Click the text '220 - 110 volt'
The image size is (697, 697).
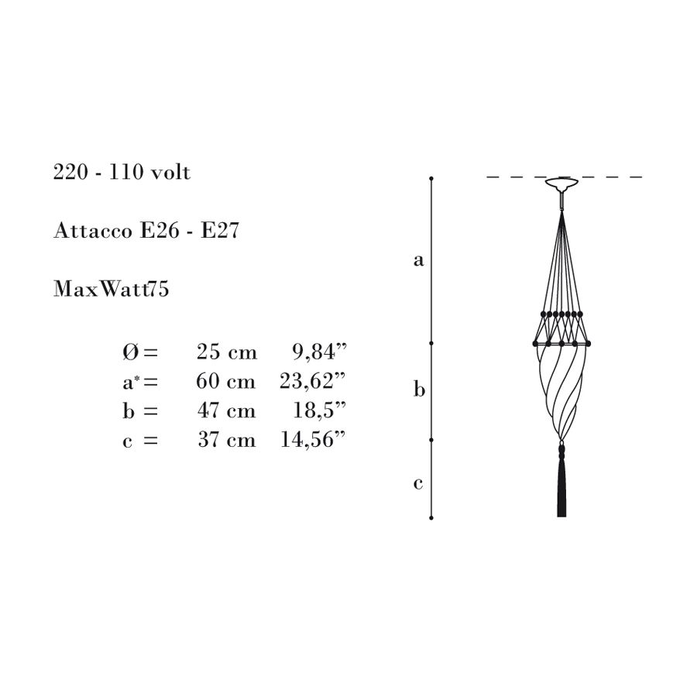pyautogui.click(x=122, y=173)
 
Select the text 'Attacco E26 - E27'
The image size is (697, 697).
pyautogui.click(x=146, y=231)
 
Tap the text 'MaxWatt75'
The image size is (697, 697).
pyautogui.click(x=111, y=289)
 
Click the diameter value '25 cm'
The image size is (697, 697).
pyautogui.click(x=227, y=352)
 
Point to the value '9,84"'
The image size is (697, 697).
pyautogui.click(x=319, y=352)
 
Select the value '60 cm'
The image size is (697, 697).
pyautogui.click(x=226, y=381)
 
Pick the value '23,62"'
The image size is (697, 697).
pyautogui.click(x=312, y=381)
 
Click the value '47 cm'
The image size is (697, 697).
pyautogui.click(x=226, y=410)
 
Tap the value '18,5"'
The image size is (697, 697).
pyautogui.click(x=319, y=410)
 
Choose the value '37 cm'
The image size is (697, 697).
pyautogui.click(x=227, y=440)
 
